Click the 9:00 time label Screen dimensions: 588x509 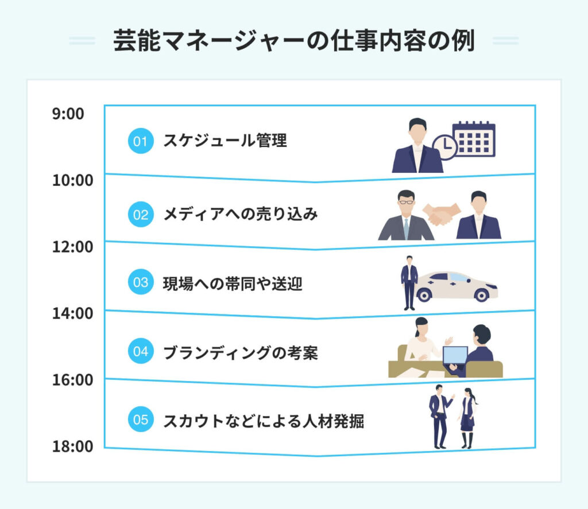[x=68, y=114]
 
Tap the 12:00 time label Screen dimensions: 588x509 [x=73, y=247]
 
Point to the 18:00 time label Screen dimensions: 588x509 [x=73, y=446]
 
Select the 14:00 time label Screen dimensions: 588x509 [x=73, y=313]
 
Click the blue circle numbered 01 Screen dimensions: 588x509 [x=141, y=141]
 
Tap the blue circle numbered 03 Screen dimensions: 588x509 [x=141, y=282]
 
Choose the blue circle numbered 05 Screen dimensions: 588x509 [x=141, y=419]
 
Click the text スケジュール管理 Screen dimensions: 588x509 [x=225, y=141]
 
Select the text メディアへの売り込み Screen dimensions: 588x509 [x=241, y=214]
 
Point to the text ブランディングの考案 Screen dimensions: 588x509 [x=241, y=353]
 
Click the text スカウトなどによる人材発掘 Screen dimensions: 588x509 [x=264, y=421]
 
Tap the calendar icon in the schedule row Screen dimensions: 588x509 [x=474, y=139]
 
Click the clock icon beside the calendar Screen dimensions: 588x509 [x=444, y=147]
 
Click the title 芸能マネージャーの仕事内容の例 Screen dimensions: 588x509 [x=294, y=41]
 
